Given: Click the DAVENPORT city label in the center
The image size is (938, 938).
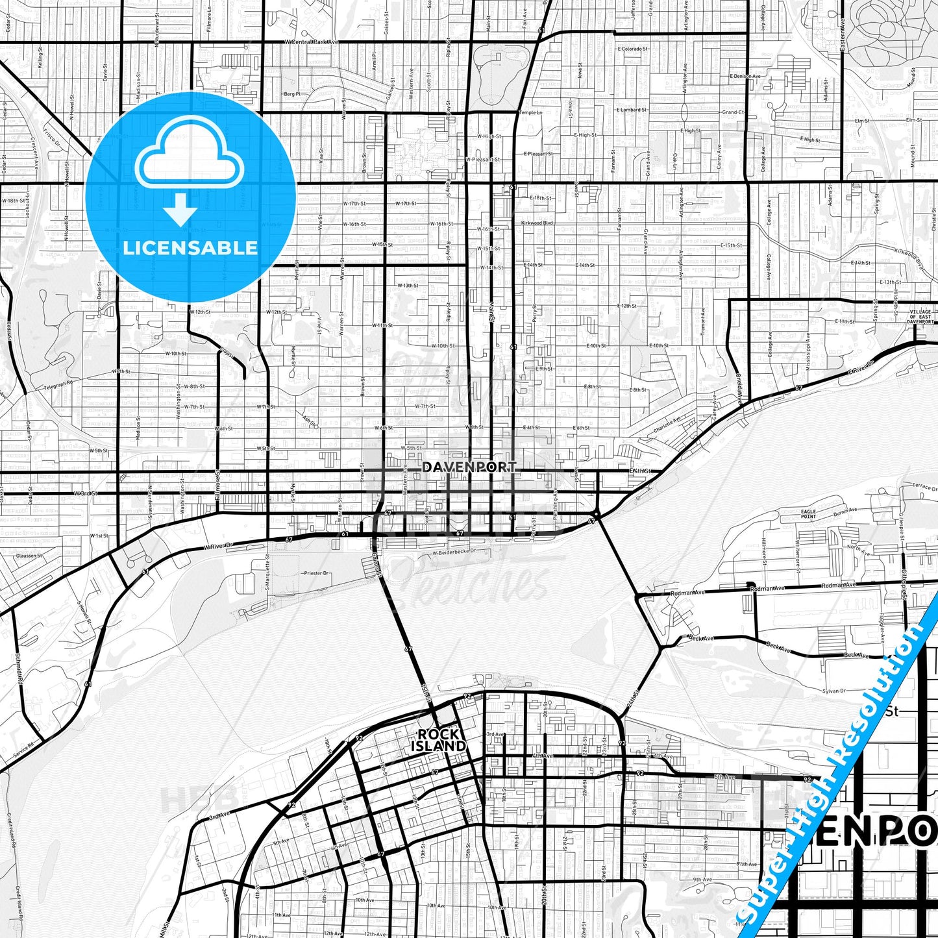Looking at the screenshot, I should pos(469,467).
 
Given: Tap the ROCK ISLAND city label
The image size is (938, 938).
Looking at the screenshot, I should pos(438,740).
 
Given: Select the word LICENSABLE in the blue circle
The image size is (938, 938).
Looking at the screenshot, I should pos(190,248).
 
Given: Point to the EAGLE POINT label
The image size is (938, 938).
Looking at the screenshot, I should pos(808,514).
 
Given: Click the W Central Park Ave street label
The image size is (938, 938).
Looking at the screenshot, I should pos(312,42).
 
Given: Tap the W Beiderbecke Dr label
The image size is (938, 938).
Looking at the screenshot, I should pos(454,552).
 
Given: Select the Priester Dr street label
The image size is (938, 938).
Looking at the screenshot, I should pos(317,573).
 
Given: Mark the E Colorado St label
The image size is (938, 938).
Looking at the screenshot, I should pos(633,49).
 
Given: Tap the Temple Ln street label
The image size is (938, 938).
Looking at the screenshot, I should pos(530,112).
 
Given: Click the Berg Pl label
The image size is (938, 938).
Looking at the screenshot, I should pos(292,94).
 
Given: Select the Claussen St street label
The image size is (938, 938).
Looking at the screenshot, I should pos(29,556).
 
